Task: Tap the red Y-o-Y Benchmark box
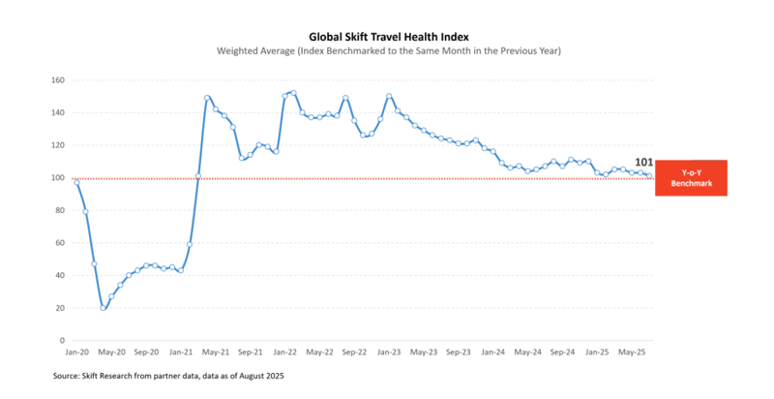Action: (691, 178)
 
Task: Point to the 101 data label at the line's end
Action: (643, 163)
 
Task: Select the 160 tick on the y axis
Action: (57, 80)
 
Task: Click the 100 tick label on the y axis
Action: (57, 178)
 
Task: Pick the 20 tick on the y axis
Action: (59, 308)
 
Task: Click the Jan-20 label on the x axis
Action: (76, 354)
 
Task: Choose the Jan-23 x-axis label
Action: (388, 354)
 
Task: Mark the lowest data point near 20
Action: (103, 308)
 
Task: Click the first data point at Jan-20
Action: (76, 182)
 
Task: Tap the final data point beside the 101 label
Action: (648, 175)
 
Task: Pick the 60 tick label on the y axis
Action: (59, 243)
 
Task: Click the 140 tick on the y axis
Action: (57, 112)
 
